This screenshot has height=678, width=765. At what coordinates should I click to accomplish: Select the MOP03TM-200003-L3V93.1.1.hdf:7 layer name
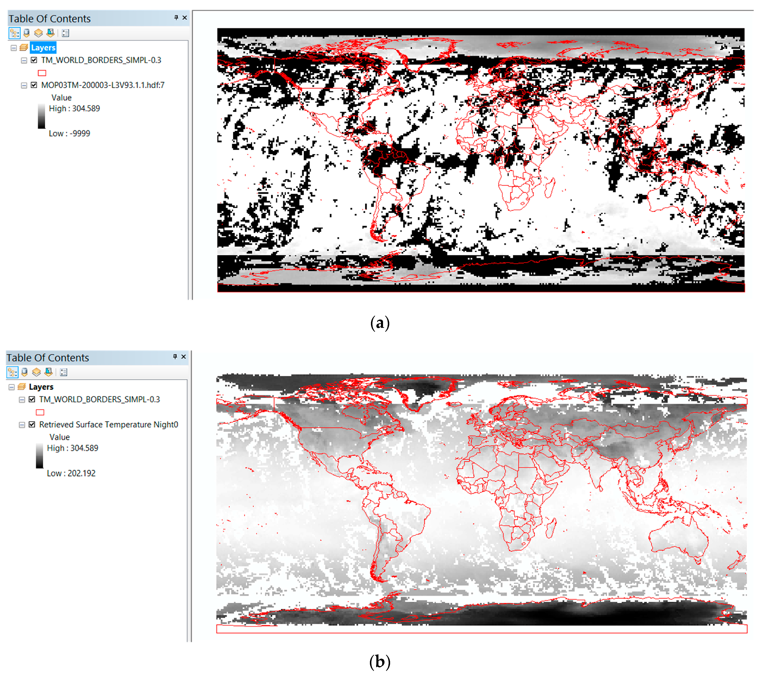click(x=103, y=85)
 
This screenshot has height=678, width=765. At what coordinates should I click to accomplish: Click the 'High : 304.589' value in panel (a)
click(x=75, y=108)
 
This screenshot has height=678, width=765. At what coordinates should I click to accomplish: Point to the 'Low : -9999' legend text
click(x=69, y=134)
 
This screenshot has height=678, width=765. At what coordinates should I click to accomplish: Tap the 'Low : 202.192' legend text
click(x=71, y=473)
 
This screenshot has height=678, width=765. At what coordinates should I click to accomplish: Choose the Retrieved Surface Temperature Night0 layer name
click(x=108, y=425)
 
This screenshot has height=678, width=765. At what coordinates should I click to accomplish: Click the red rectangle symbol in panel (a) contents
click(x=42, y=73)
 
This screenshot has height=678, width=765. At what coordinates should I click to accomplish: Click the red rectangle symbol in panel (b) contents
click(x=40, y=412)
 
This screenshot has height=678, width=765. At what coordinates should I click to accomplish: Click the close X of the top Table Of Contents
click(x=184, y=17)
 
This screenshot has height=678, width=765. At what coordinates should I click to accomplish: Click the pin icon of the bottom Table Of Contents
click(x=175, y=357)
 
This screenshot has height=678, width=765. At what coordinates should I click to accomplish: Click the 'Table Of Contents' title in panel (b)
click(x=48, y=358)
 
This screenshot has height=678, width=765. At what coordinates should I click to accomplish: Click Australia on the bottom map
click(x=677, y=535)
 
